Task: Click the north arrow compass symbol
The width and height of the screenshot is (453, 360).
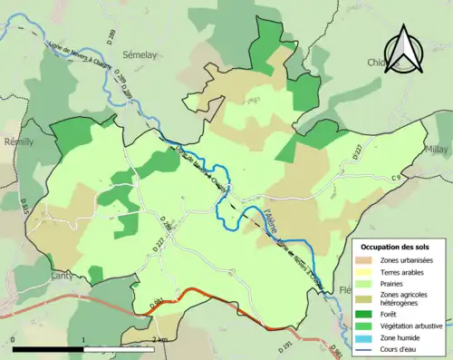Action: (x=405, y=52)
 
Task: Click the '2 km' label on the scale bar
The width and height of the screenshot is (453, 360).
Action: (x=159, y=339)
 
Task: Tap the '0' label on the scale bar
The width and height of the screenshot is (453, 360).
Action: (x=13, y=339)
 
